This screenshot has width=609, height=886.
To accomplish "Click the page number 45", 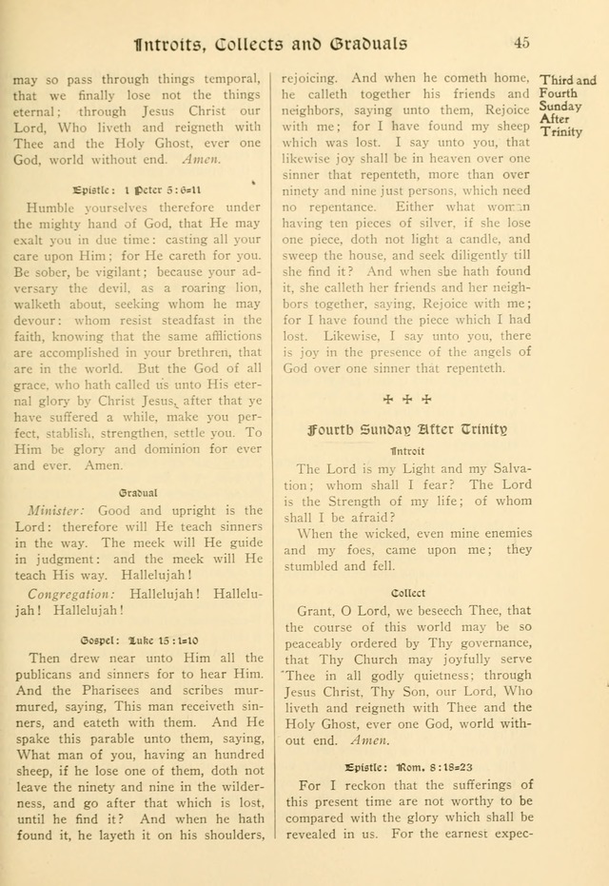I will [521, 42].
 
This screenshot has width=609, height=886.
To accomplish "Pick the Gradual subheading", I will [138, 492].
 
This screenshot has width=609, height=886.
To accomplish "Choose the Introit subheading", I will [407, 450].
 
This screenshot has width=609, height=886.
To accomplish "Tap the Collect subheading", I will [407, 591].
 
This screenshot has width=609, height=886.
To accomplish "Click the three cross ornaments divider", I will [407, 399].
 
